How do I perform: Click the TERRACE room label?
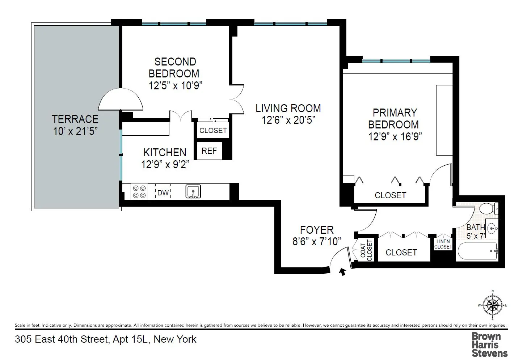pos(75,119)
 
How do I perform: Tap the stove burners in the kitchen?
pos(139,192)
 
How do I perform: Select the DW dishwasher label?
pos(163,193)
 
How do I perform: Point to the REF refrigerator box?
pos(209,151)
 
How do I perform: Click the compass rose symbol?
pos(493,305)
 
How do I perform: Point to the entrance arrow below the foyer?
pos(342,272)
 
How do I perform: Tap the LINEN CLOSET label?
pos(443,244)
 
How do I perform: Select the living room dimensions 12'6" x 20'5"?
pos(288,120)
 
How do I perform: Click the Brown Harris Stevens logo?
pos(489,345)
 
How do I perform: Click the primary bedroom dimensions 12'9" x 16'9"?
pos(395,136)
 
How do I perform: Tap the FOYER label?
pos(317,230)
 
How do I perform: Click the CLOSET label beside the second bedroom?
pos(213,131)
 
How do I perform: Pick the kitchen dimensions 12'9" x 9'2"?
pos(165,165)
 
